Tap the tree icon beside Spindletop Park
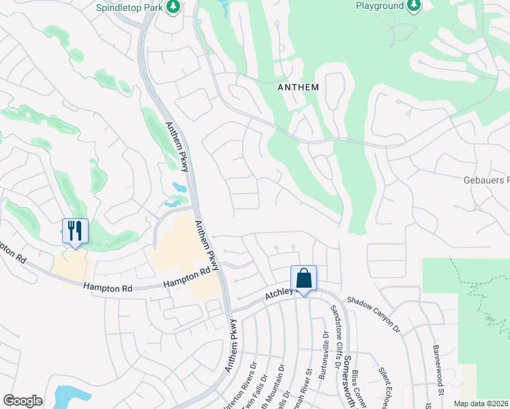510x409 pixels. coord(174,6)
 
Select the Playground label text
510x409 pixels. coord(380,5)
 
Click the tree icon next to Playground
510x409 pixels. coord(413,6)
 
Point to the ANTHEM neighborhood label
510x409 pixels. coord(298,87)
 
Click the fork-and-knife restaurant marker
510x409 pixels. coord(75,230)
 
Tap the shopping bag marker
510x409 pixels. coord(303,278)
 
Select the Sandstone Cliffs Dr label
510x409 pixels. coord(336,336)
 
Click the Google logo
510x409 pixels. coord(22,401)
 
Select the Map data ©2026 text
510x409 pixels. coord(481,404)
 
